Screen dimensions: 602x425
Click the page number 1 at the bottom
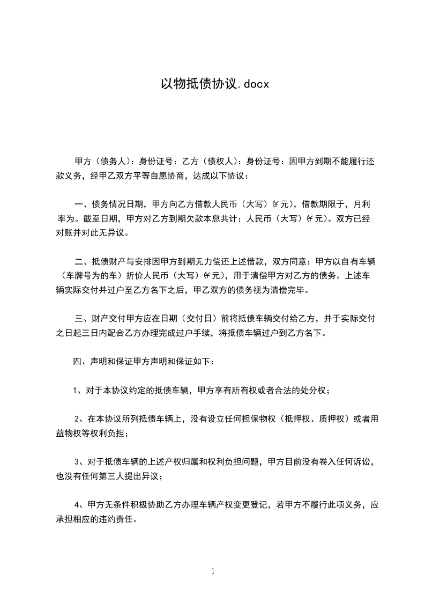pyautogui.click(x=213, y=571)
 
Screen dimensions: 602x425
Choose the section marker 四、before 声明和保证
pyautogui.click(x=81, y=362)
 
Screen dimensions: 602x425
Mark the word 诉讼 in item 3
pyautogui.click(x=362, y=462)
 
